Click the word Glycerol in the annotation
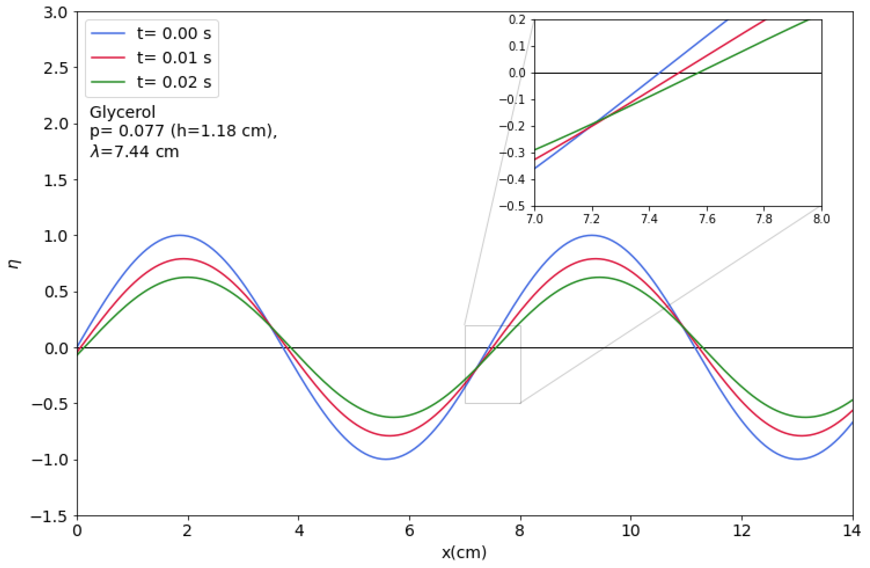tap(122, 112)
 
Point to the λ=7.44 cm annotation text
tap(134, 151)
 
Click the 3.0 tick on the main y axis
tap(56, 13)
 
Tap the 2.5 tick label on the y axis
tap(56, 68)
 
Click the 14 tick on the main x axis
tap(852, 531)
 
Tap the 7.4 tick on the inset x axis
tap(649, 219)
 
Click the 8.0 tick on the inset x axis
tap(821, 219)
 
